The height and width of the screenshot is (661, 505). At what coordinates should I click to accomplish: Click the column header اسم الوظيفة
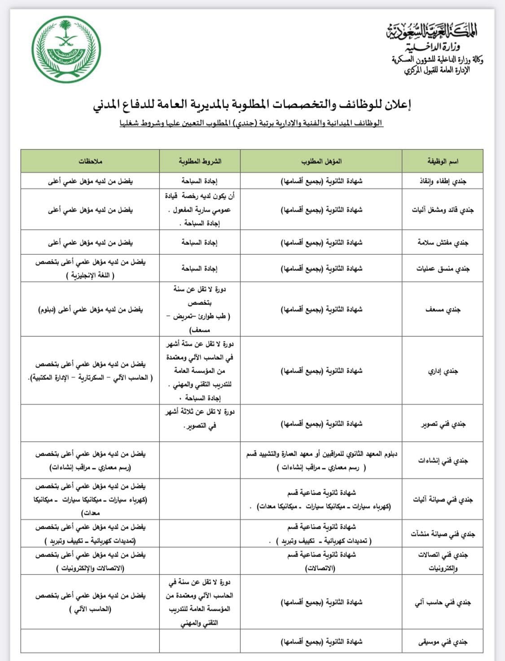tap(442, 161)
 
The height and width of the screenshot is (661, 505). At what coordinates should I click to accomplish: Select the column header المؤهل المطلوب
tap(321, 161)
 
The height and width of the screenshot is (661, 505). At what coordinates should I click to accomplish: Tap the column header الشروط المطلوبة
tap(200, 161)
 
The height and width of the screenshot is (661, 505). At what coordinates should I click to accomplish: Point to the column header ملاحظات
tap(90, 161)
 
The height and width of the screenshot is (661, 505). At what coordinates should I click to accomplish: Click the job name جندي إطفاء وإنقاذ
tap(442, 181)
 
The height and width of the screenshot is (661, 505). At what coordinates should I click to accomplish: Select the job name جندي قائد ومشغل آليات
tap(443, 210)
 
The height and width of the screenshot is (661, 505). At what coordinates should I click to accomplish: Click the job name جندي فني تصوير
tap(443, 424)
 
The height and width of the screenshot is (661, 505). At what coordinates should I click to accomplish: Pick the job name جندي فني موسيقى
tap(443, 642)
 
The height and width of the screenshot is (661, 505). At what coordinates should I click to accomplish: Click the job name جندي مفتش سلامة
tap(443, 243)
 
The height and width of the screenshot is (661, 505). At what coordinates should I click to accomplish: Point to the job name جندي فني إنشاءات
tap(443, 461)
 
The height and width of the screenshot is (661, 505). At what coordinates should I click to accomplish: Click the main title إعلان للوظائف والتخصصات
tap(252, 104)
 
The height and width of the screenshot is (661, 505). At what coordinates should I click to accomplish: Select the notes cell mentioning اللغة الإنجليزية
tap(90, 269)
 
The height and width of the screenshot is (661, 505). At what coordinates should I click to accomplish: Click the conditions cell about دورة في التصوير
tap(200, 418)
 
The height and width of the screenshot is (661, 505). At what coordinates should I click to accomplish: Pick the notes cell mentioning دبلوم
tap(90, 309)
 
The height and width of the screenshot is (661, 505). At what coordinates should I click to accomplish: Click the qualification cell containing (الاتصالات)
tap(321, 561)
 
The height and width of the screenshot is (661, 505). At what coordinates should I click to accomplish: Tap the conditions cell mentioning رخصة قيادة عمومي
tap(200, 209)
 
